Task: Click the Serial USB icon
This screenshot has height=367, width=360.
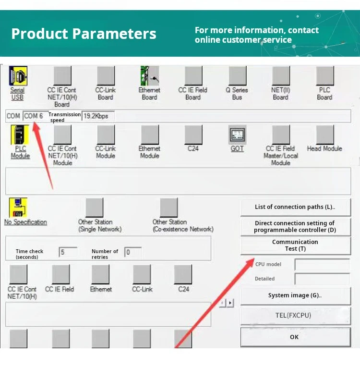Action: point(18,75)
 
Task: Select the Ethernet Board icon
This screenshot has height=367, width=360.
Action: point(150,75)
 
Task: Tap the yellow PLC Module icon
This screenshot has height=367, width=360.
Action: point(20,135)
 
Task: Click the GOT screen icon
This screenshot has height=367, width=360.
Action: point(237,135)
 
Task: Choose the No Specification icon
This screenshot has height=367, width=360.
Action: point(18,208)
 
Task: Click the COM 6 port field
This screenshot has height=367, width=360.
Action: point(36,116)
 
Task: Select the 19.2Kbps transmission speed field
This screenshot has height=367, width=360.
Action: point(98,116)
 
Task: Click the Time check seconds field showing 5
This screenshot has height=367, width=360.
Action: point(68,252)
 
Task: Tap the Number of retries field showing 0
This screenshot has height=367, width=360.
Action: point(133,252)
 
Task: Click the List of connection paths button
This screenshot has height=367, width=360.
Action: point(295,207)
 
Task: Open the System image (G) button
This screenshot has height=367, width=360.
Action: point(295,295)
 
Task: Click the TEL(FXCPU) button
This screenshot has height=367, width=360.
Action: point(295,316)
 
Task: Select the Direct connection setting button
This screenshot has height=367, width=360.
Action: point(295,227)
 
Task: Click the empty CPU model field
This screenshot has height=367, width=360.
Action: point(323,265)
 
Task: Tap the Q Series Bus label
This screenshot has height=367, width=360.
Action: point(237,94)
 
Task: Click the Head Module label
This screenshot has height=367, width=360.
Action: point(324,148)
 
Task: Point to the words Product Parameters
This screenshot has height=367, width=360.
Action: point(84,34)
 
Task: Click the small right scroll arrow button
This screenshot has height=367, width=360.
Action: point(230,303)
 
